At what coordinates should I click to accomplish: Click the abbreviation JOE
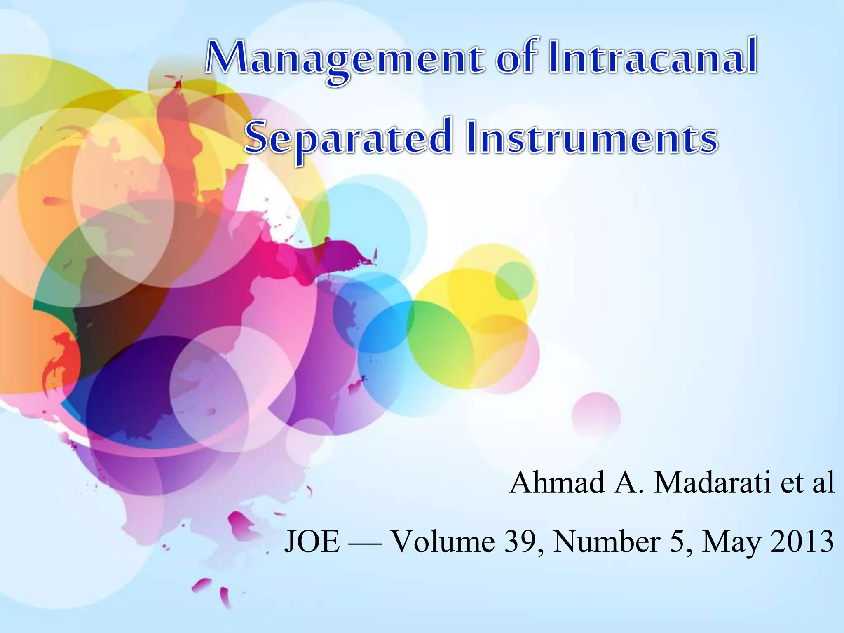312,542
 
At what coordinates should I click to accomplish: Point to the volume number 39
521,542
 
